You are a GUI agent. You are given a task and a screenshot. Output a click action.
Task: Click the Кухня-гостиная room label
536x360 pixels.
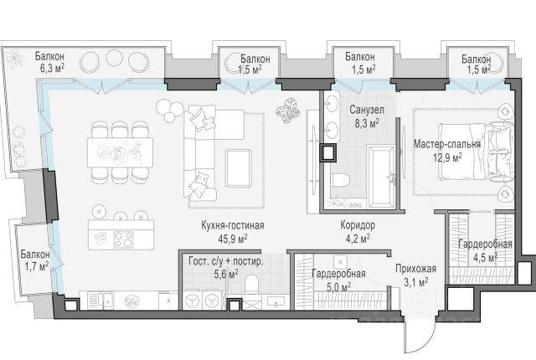[233, 226]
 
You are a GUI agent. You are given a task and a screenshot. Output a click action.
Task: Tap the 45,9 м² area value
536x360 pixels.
[233, 239]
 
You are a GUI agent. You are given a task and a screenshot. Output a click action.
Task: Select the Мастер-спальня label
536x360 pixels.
[447, 144]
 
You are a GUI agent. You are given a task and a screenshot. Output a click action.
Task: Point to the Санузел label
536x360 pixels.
[367, 110]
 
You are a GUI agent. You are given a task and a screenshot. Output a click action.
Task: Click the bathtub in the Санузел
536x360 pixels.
[381, 176]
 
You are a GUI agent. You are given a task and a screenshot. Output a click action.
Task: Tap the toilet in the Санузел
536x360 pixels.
[339, 180]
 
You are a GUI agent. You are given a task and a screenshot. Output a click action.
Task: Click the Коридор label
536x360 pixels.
[358, 225]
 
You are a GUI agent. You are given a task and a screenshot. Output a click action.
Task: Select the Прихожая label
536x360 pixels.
[416, 269]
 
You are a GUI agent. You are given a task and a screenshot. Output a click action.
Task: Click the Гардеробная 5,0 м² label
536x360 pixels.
[338, 280]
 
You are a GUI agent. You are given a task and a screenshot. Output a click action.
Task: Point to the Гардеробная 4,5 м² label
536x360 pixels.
[485, 250]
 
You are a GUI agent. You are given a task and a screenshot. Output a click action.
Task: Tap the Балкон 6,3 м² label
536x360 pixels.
[50, 62]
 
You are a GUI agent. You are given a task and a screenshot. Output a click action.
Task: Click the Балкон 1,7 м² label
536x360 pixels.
[35, 260]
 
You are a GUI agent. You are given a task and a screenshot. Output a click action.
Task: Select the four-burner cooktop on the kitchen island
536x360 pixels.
[123, 239]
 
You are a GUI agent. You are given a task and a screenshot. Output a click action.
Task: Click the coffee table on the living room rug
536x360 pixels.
[238, 168]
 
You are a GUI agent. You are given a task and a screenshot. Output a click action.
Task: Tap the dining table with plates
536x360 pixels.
[120, 152]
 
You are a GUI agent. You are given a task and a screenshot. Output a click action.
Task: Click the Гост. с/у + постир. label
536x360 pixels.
[226, 262]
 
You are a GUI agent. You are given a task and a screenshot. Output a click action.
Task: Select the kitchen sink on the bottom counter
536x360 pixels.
[104, 301]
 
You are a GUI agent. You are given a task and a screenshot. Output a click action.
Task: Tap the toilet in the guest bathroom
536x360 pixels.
[251, 284]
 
